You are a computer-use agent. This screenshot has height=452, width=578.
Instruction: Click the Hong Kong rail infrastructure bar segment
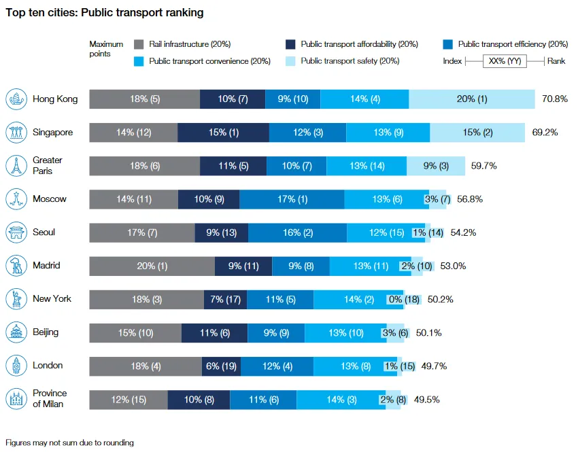tap(144, 99)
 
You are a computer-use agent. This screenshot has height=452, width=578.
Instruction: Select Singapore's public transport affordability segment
tap(223, 133)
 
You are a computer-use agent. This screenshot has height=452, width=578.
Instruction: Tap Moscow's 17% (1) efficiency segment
tap(292, 199)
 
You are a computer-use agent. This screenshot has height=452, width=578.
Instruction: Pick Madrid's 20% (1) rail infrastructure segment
tap(152, 266)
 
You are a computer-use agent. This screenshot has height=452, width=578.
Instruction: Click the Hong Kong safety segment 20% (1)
tap(472, 99)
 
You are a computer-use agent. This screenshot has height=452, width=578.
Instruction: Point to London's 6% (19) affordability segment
tap(222, 366)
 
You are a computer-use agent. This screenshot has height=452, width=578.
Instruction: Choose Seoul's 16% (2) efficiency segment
tap(297, 232)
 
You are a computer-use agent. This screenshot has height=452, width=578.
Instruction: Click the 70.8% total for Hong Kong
tap(555, 99)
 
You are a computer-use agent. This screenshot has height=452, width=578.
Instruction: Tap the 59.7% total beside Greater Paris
tap(485, 166)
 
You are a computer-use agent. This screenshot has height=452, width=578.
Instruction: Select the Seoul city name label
tap(44, 232)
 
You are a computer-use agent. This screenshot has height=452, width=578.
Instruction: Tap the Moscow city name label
tap(50, 199)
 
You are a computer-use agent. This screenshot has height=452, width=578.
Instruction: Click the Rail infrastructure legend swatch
tap(139, 45)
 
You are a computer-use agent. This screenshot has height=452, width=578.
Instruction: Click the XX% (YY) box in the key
tap(504, 61)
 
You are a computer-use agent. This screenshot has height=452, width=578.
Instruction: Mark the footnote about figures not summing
tap(69, 442)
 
